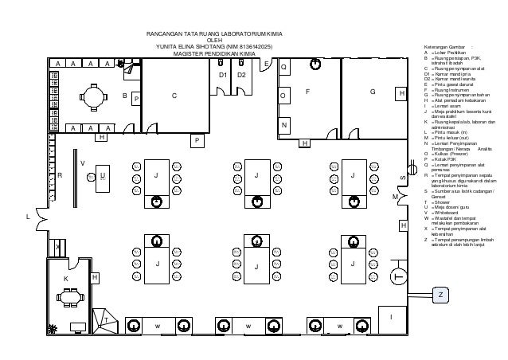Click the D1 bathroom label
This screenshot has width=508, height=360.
click(x=223, y=74)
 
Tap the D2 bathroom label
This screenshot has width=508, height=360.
click(x=243, y=74)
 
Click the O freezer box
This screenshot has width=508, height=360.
click(x=284, y=96)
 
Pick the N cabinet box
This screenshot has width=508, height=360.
click(x=284, y=126)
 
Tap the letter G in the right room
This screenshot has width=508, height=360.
click(x=373, y=92)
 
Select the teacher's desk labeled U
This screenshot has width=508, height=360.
click(x=102, y=175)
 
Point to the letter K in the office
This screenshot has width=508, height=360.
click(x=66, y=279)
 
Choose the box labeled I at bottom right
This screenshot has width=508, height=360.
click(x=390, y=317)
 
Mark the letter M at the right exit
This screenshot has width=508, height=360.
click(x=394, y=196)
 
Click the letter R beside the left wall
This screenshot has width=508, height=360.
click(x=59, y=174)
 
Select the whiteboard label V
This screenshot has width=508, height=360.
click(x=82, y=162)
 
